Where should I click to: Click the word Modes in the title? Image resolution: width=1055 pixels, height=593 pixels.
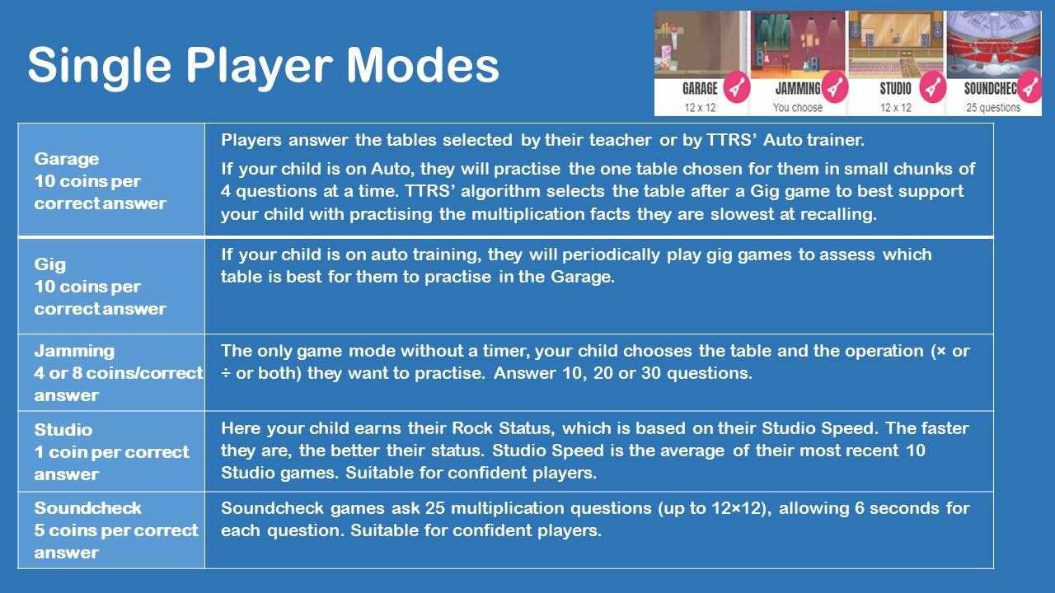pyautogui.click(x=423, y=65)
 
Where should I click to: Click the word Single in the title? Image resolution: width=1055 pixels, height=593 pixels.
pyautogui.click(x=100, y=67)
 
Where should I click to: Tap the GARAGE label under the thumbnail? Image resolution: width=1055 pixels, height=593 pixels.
pyautogui.click(x=700, y=88)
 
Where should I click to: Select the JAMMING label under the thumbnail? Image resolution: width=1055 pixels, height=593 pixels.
pyautogui.click(x=798, y=88)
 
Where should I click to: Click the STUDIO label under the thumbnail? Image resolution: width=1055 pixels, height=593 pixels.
pyautogui.click(x=895, y=88)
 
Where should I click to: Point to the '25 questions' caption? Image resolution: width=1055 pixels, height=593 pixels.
pyautogui.click(x=993, y=108)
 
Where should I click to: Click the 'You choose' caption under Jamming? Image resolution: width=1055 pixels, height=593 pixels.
pyautogui.click(x=797, y=108)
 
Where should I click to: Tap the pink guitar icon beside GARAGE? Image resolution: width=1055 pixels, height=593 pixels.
pyautogui.click(x=737, y=87)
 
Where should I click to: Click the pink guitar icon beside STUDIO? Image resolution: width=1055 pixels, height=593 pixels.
pyautogui.click(x=932, y=87)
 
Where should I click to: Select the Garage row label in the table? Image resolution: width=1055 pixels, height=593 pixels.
pyautogui.click(x=67, y=159)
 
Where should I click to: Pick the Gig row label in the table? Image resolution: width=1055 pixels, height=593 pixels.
pyautogui.click(x=50, y=264)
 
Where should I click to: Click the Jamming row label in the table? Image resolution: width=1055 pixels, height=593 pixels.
pyautogui.click(x=74, y=351)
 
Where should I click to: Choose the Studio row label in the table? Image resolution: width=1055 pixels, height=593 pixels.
pyautogui.click(x=63, y=430)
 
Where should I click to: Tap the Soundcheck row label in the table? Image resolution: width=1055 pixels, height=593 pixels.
pyautogui.click(x=87, y=508)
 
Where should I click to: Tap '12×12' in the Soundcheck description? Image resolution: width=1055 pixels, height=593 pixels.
pyautogui.click(x=739, y=508)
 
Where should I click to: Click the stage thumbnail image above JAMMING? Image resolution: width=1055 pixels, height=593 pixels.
pyautogui.click(x=799, y=45)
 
